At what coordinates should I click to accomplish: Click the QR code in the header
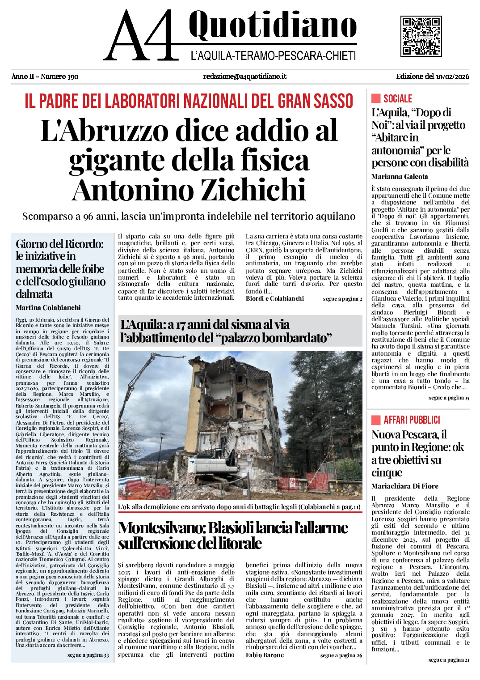coord(421,36)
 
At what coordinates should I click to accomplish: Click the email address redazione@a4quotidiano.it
coord(244,76)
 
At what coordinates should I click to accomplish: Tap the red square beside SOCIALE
coord(376,98)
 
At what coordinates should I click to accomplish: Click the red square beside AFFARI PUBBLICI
coord(376,420)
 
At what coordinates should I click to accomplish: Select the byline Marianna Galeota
coord(400,177)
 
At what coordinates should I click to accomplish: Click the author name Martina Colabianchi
coord(48,308)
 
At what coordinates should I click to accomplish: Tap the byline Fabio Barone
coord(265,655)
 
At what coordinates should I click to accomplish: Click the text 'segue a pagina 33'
coord(88,655)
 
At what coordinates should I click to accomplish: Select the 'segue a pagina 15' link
coord(449,398)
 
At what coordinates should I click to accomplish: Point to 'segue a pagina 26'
coord(341,655)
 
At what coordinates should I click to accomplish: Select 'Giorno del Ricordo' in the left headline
coord(59,244)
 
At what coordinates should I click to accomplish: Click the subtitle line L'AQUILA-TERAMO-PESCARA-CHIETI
coord(273,56)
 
